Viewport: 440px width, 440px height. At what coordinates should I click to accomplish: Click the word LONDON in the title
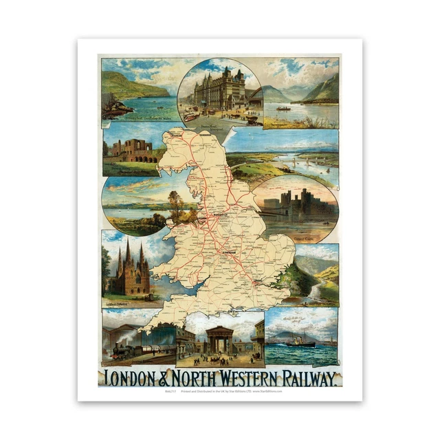(x=135, y=377)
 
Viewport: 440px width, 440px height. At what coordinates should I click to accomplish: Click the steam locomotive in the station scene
(x=120, y=351)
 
